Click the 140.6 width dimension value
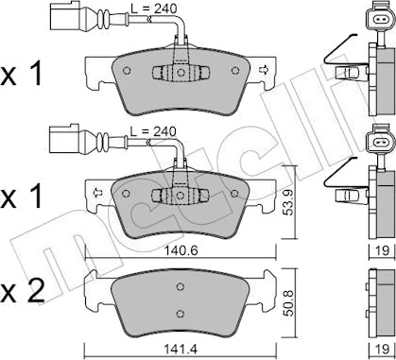181,250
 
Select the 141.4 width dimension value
181,349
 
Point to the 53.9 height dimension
287,202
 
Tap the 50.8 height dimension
287,303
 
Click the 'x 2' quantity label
22,292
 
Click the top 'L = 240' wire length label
153,9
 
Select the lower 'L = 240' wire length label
153,131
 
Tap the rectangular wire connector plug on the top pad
64,16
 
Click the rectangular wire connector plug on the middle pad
64,139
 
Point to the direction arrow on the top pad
263,69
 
